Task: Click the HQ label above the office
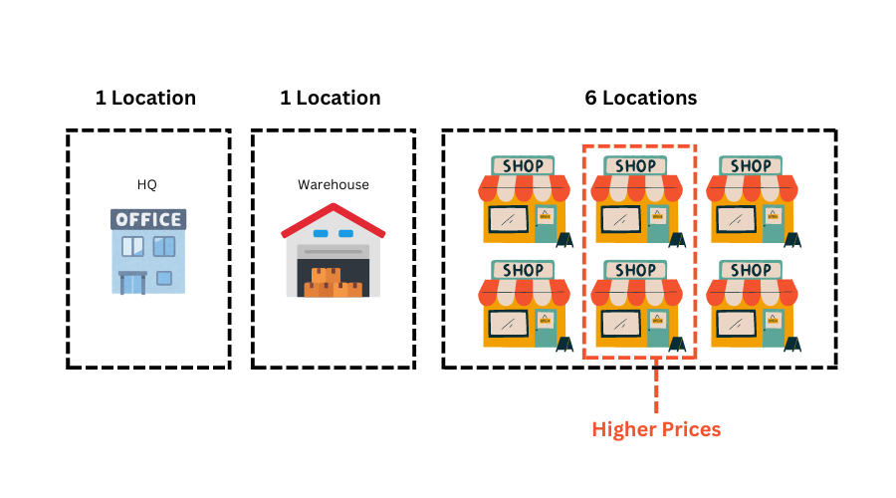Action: coord(147,184)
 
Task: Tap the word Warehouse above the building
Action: coord(334,184)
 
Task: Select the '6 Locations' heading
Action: coord(640,98)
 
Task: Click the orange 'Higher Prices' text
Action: coord(656,429)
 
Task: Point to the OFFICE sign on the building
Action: coord(148,219)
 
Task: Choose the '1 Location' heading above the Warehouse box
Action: coord(331,98)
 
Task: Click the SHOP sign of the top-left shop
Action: coord(523,165)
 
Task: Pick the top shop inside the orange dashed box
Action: coord(637,199)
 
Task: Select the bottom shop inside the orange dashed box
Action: coord(637,304)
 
